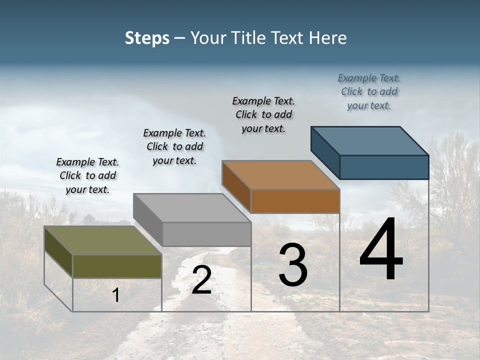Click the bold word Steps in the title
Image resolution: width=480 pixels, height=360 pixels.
tap(147, 38)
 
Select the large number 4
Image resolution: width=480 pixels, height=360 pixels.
tap(381, 250)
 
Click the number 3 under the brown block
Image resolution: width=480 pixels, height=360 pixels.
tap(293, 265)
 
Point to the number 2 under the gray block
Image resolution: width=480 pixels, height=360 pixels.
tap(201, 280)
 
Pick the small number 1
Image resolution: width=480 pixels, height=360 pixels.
tap(116, 295)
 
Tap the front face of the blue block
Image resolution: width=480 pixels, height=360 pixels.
tap(384, 167)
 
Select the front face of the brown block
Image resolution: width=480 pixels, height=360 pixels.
tap(295, 201)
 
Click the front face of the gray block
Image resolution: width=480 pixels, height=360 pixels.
tap(206, 234)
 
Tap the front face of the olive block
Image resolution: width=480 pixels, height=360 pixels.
tap(117, 266)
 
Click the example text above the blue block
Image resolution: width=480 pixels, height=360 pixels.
tap(369, 92)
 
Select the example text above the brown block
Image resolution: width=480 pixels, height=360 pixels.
tap(263, 115)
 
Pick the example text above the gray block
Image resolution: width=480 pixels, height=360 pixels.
tap(174, 147)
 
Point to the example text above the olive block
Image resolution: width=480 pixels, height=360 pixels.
tap(87, 176)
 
